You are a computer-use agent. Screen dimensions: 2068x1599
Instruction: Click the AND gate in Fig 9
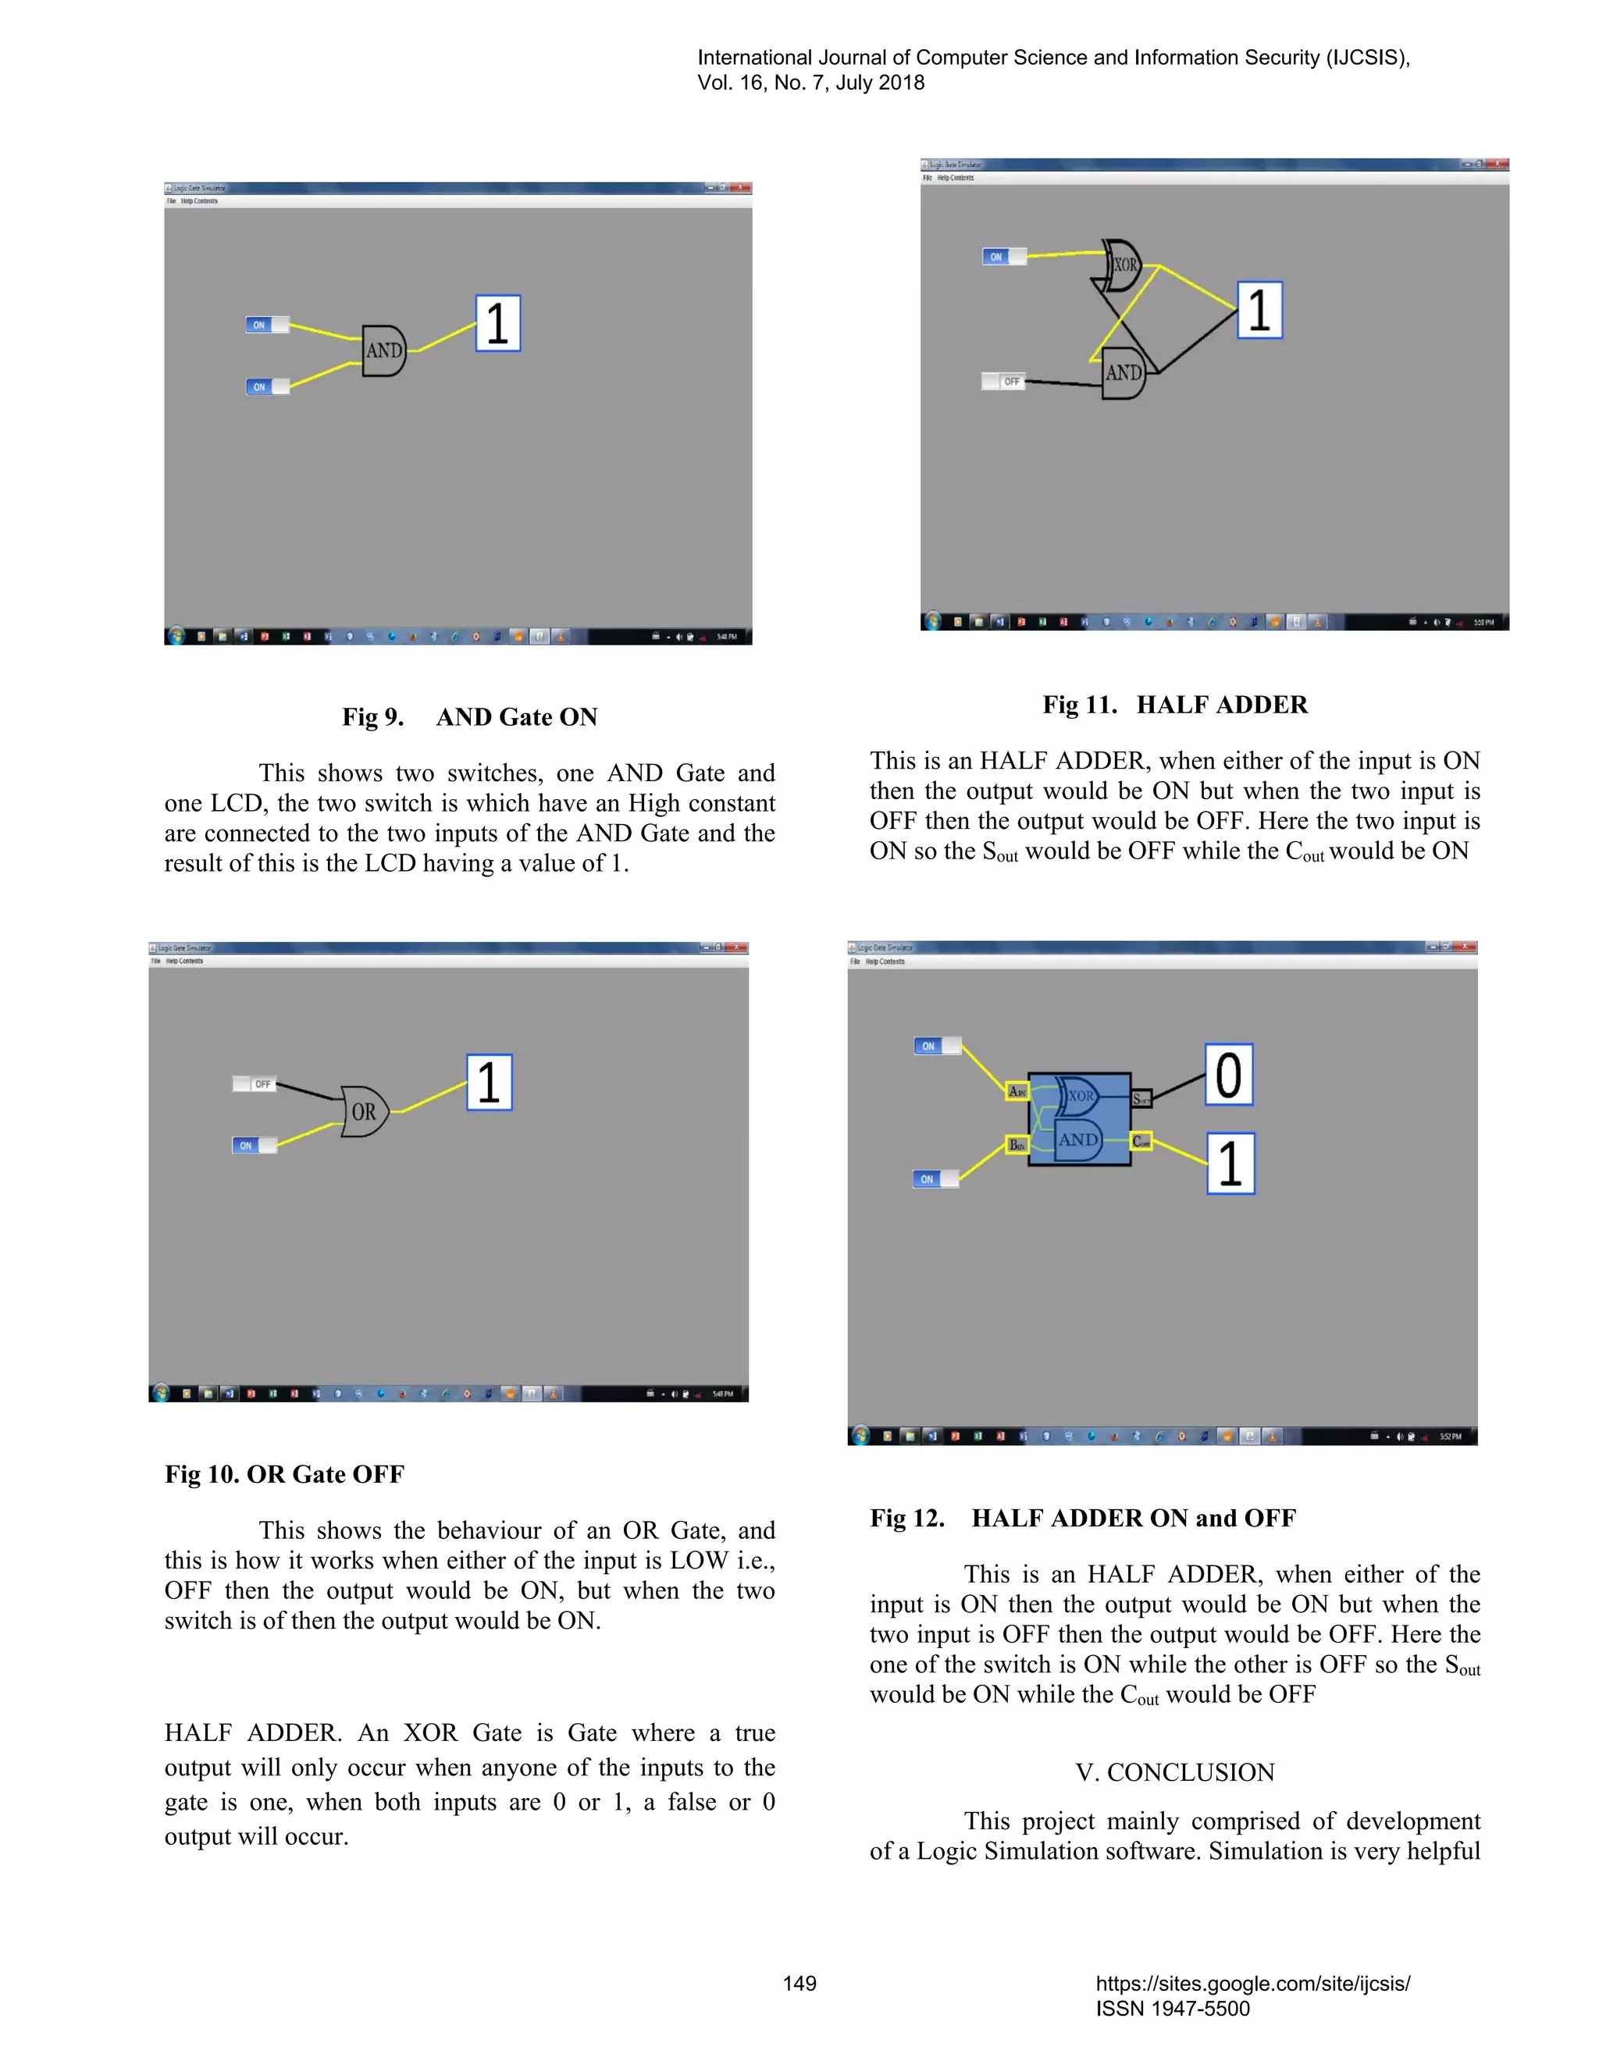[x=383, y=350]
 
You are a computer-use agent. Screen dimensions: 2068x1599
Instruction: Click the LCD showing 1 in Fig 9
[x=497, y=323]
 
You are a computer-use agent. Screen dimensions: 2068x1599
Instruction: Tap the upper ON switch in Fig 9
[x=266, y=325]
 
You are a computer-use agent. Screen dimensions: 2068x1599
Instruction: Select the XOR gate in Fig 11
[x=1123, y=265]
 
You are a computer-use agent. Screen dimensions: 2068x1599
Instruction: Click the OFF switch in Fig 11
[x=1003, y=382]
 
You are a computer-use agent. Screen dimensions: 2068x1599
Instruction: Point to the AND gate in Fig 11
[x=1124, y=373]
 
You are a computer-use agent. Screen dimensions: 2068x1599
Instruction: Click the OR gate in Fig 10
[x=364, y=1111]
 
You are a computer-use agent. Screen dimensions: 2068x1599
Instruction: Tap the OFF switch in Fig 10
[x=254, y=1084]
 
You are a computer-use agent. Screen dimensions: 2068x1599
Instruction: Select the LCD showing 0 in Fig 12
[x=1229, y=1075]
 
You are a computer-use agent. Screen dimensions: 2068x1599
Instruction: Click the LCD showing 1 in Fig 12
[x=1230, y=1163]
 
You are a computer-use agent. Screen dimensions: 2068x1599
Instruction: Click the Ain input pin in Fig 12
[x=1017, y=1091]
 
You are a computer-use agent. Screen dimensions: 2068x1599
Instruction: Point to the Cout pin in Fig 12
[x=1141, y=1142]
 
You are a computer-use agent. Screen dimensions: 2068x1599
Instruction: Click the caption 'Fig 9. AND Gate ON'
[x=470, y=717]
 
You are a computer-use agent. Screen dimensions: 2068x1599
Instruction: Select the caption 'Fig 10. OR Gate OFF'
[x=284, y=1474]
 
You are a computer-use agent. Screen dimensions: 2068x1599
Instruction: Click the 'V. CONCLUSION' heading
[x=1174, y=1772]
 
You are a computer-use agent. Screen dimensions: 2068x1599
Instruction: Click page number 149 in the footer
[x=799, y=1984]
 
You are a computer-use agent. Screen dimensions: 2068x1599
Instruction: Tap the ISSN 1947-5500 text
[x=1173, y=2009]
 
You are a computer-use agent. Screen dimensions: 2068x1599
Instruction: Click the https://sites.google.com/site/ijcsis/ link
[x=1252, y=1984]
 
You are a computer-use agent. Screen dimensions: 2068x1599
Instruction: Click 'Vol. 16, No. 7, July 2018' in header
[x=811, y=83]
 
